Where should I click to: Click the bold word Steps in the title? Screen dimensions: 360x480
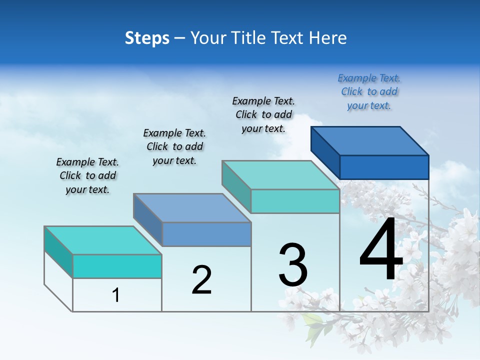point(147,38)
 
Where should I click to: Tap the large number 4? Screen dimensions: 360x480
point(381,250)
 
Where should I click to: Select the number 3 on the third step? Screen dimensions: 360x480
point(293,265)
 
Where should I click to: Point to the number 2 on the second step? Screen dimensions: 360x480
point(201,280)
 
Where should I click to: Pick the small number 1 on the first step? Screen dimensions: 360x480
point(116,295)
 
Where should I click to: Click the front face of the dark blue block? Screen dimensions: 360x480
point(384,167)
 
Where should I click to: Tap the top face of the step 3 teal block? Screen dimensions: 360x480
point(280,175)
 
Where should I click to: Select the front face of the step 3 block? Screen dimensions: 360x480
point(295,201)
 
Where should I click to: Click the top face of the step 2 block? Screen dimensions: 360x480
point(192,207)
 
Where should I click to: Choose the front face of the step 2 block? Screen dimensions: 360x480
point(206,234)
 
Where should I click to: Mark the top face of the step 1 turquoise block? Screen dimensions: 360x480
point(103,240)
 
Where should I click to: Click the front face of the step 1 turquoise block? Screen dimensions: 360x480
point(117,266)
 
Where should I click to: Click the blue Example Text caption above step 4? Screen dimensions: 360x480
point(369,92)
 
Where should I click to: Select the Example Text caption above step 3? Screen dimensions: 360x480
point(263,115)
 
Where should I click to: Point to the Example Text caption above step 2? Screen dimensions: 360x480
point(174,146)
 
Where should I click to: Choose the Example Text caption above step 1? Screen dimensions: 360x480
point(87,175)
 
